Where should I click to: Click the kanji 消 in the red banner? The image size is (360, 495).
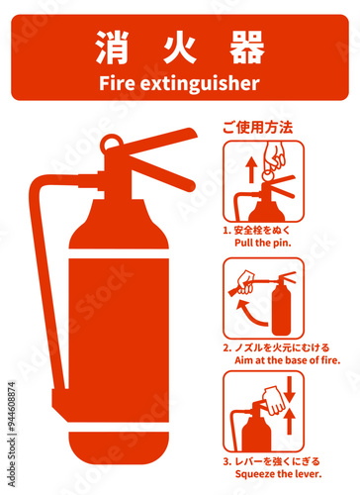(112, 48)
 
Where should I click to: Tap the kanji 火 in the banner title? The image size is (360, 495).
(180, 48)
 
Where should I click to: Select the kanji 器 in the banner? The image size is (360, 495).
(247, 48)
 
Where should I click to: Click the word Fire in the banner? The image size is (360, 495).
(117, 83)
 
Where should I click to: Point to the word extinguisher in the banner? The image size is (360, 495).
(200, 83)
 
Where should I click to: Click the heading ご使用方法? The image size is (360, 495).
(258, 128)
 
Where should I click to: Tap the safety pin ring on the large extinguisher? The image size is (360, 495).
(111, 145)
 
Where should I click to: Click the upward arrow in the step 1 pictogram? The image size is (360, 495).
(251, 169)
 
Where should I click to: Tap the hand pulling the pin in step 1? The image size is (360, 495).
(274, 159)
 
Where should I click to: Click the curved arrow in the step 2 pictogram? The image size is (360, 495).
(250, 315)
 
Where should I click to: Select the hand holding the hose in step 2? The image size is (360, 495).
(245, 282)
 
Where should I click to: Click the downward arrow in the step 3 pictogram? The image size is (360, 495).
(290, 389)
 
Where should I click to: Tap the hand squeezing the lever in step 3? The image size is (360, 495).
(274, 401)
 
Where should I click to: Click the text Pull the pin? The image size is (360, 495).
(263, 243)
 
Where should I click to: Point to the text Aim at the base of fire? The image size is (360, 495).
(287, 360)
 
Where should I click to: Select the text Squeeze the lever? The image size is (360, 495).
(278, 474)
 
